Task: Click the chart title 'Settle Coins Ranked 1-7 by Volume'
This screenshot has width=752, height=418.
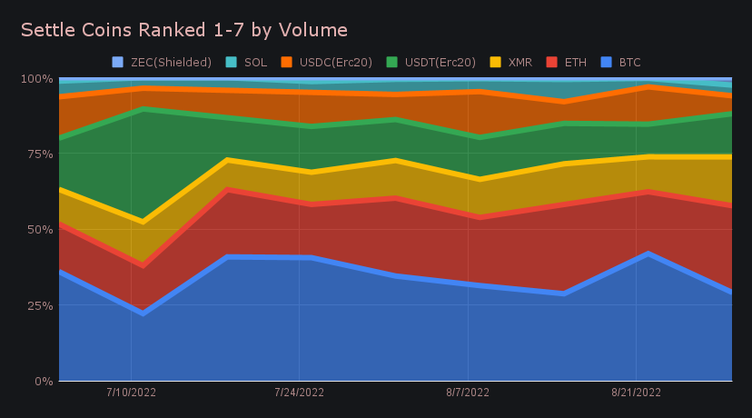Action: [183, 30]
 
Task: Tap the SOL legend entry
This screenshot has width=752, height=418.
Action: [255, 63]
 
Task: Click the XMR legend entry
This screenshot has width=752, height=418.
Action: [519, 63]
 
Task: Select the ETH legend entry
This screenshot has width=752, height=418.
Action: [575, 63]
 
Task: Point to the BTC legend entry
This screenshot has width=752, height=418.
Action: [629, 63]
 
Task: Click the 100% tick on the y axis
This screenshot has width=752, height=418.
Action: [36, 79]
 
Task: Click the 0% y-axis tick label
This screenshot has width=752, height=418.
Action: [43, 381]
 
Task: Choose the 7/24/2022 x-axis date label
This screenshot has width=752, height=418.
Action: [299, 393]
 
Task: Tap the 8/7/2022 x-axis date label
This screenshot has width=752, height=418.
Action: [467, 393]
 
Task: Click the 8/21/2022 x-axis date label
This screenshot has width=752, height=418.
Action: [635, 393]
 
